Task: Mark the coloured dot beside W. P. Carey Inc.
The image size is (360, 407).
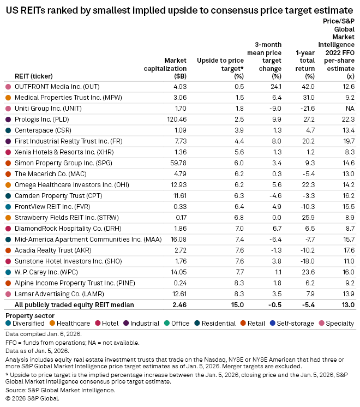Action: pos(8,272)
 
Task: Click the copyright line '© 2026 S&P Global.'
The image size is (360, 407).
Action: pos(32,398)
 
